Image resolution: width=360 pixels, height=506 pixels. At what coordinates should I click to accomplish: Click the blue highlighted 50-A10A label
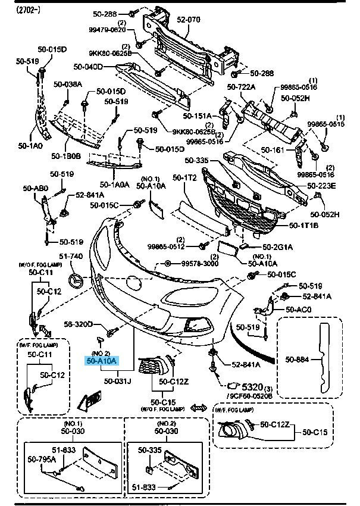pyautogui.click(x=102, y=361)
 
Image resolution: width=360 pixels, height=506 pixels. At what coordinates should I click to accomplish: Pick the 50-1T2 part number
pyautogui.click(x=185, y=177)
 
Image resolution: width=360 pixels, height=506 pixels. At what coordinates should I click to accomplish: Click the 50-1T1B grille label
pyautogui.click(x=304, y=226)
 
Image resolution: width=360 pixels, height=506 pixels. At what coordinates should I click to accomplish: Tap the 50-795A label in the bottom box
pyautogui.click(x=42, y=459)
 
